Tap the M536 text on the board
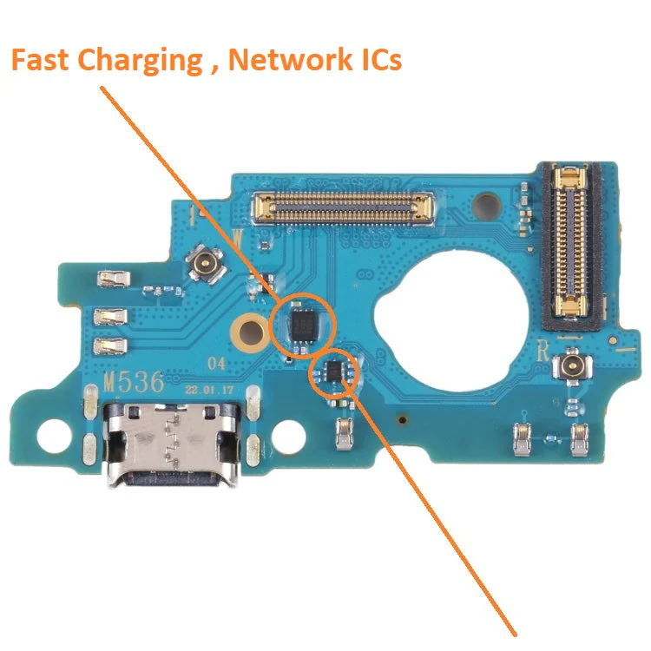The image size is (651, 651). (134, 383)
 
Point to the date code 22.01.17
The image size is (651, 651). (209, 391)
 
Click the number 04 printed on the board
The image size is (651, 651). (216, 364)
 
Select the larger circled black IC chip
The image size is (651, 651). (304, 325)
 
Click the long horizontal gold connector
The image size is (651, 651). (344, 207)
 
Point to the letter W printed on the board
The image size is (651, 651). (237, 239)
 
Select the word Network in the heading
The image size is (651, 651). (290, 59)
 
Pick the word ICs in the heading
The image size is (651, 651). (381, 59)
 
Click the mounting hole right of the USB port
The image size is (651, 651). (290, 437)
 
